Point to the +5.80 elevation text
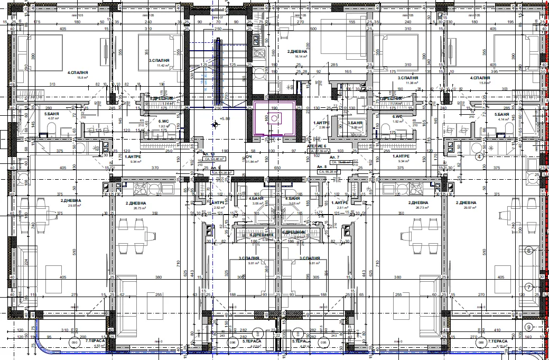(x=226, y=119)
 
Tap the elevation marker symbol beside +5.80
(x=215, y=125)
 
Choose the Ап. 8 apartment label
(x=322, y=167)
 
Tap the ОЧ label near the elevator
(x=248, y=157)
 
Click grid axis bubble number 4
(x=480, y=156)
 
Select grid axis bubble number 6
(x=528, y=251)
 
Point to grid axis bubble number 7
(x=528, y=287)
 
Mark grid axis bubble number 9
(x=529, y=326)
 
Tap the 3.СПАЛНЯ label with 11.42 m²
(x=159, y=61)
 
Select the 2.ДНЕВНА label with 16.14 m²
(x=297, y=52)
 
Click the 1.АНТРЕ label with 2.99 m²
(x=321, y=123)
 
